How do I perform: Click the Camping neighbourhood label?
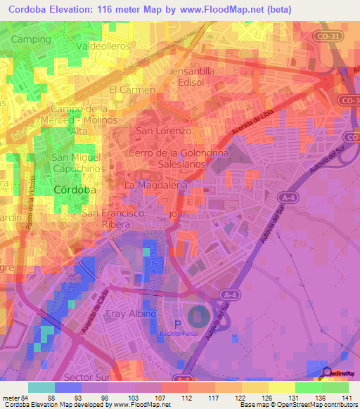(x=32, y=39)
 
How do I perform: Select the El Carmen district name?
(x=131, y=91)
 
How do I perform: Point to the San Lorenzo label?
(x=163, y=131)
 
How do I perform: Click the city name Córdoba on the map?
(x=75, y=190)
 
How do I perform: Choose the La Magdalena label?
(x=155, y=185)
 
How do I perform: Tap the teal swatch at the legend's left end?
(x=41, y=387)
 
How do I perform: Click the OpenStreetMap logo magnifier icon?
(x=325, y=373)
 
